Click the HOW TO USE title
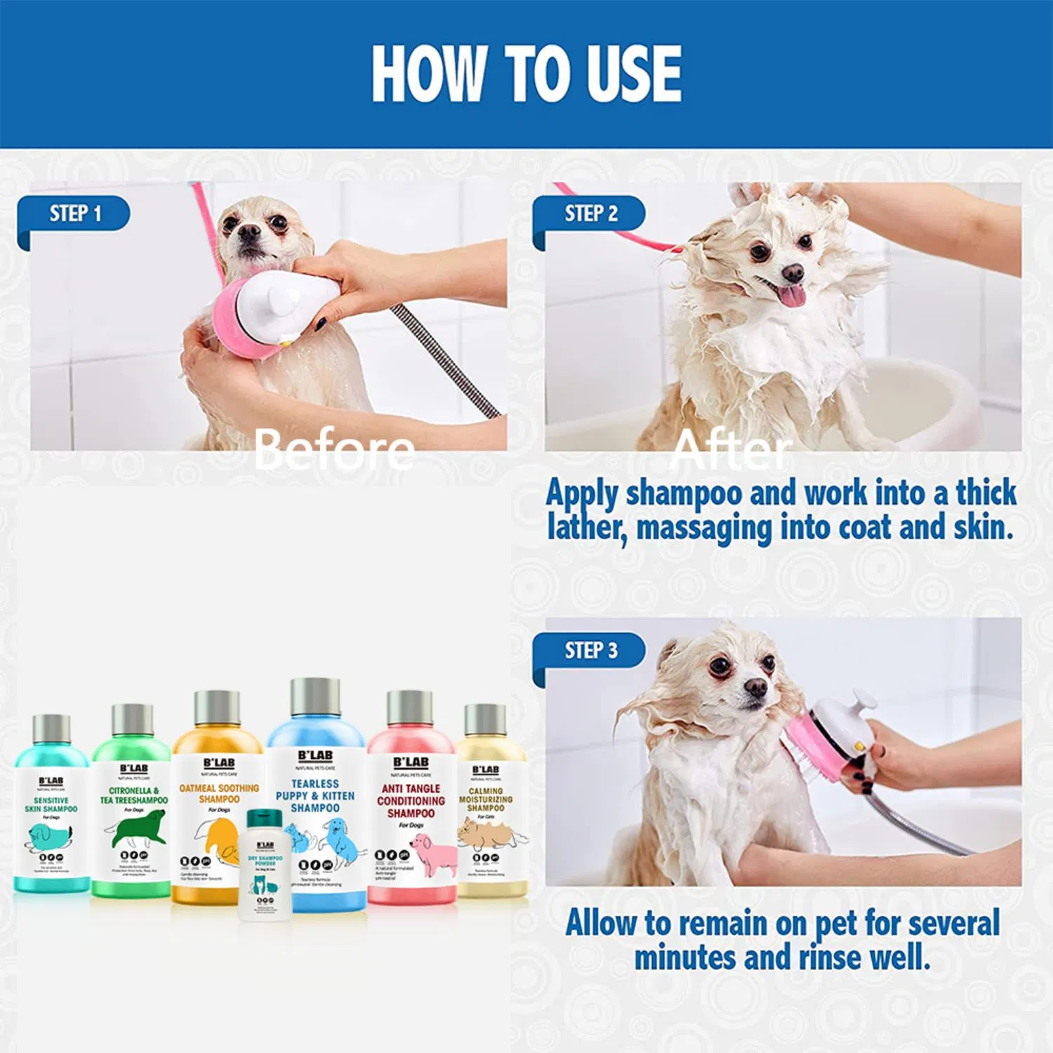tap(526, 74)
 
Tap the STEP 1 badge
tap(74, 213)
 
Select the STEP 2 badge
tap(590, 213)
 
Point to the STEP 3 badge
tap(590, 650)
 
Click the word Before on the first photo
tap(334, 449)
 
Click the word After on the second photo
tap(731, 449)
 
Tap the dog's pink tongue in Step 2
tap(792, 295)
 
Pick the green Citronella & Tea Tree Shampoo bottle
tap(132, 807)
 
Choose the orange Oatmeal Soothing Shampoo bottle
tap(211, 800)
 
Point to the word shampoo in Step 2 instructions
tap(683, 493)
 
